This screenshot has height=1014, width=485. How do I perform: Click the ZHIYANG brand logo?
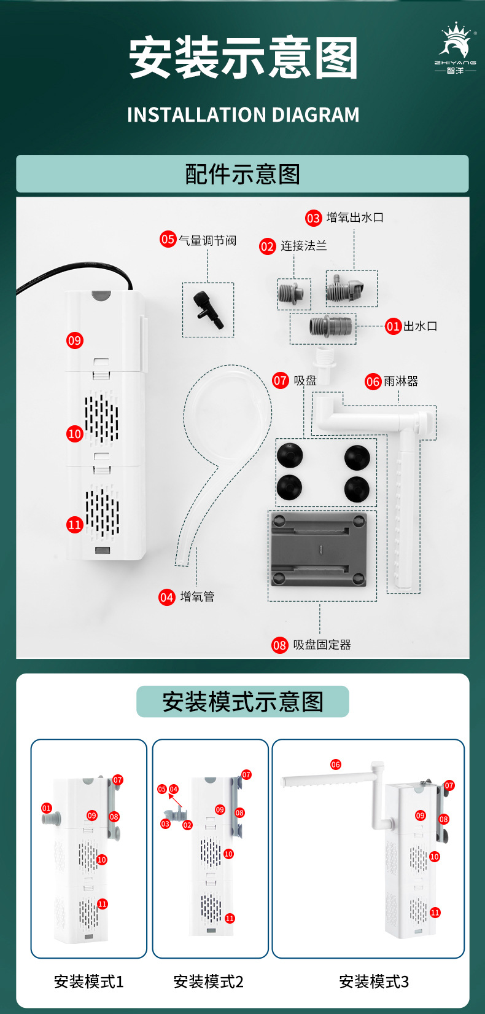455,49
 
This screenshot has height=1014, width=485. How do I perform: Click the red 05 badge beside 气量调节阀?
168,239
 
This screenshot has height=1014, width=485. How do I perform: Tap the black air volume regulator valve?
208,310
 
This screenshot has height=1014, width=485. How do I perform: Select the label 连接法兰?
303,246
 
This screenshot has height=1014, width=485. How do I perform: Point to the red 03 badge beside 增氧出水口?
313,218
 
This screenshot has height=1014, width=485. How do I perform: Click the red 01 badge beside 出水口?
393,326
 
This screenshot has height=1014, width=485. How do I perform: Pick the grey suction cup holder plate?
319,549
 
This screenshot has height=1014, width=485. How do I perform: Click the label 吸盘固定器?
322,645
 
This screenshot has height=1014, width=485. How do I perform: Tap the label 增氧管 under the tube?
197,597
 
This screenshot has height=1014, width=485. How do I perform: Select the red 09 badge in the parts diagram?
74,340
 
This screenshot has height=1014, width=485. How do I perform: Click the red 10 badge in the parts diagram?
74,434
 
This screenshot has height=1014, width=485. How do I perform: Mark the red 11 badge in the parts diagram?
74,525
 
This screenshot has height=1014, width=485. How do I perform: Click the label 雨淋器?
400,382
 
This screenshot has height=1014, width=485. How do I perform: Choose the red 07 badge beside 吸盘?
280,380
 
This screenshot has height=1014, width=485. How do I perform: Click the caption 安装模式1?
89,981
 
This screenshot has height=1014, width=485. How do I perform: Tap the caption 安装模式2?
209,981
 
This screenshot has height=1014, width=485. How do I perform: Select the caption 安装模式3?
374,981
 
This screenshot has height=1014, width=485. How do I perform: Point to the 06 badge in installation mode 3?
335,764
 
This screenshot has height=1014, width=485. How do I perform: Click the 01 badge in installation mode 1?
47,808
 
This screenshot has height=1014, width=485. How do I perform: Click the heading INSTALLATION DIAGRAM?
243,115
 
